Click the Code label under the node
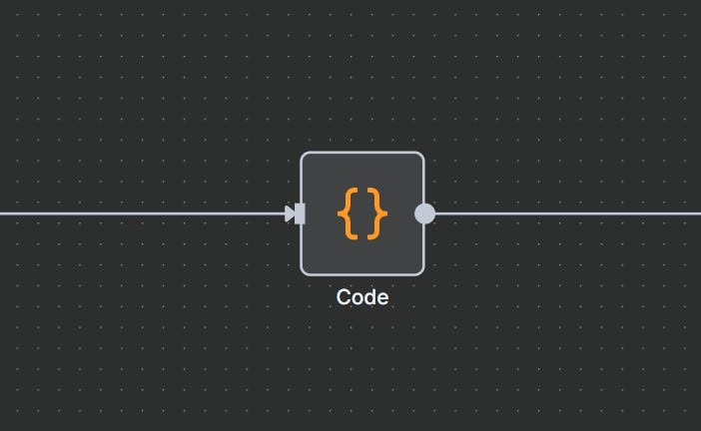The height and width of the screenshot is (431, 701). click(x=362, y=297)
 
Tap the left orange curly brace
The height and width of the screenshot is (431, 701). click(x=348, y=214)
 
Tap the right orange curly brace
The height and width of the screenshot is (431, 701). click(x=376, y=214)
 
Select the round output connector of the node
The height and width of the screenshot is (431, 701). click(x=424, y=214)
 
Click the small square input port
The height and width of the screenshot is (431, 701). click(x=300, y=214)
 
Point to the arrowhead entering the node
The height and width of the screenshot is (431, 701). click(x=290, y=214)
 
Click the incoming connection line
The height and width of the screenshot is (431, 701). click(x=140, y=214)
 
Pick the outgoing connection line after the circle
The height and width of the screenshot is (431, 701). click(x=569, y=214)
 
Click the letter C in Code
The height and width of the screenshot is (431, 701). click(x=344, y=297)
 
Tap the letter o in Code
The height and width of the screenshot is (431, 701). click(x=355, y=298)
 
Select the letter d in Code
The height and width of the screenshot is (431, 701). click(x=367, y=297)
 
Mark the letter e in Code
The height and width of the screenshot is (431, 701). click(x=380, y=298)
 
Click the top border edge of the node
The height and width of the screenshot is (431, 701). click(x=362, y=153)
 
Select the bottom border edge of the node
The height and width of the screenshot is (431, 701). click(x=362, y=274)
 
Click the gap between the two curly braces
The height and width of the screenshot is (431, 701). click(x=362, y=214)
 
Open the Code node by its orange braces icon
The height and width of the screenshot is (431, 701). click(x=362, y=214)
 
